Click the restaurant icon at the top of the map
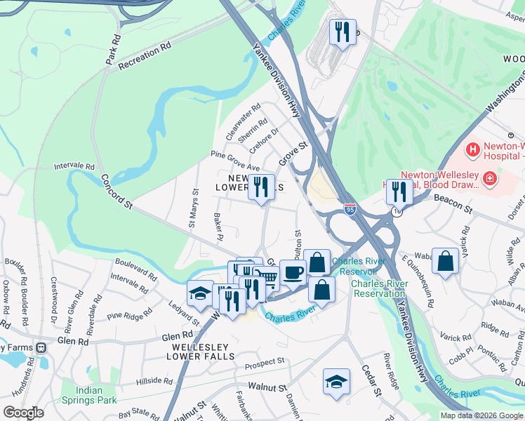click(x=342, y=32)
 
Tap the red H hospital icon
click(x=473, y=149)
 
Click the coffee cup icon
click(x=292, y=272)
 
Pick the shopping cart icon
click(x=266, y=276)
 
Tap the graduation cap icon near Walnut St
click(x=336, y=382)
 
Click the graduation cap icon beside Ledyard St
click(x=200, y=293)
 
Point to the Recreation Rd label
click(x=145, y=55)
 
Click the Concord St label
click(x=116, y=191)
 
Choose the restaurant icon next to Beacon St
click(x=399, y=191)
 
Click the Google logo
click(x=23, y=412)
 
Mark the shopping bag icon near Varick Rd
click(x=445, y=261)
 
